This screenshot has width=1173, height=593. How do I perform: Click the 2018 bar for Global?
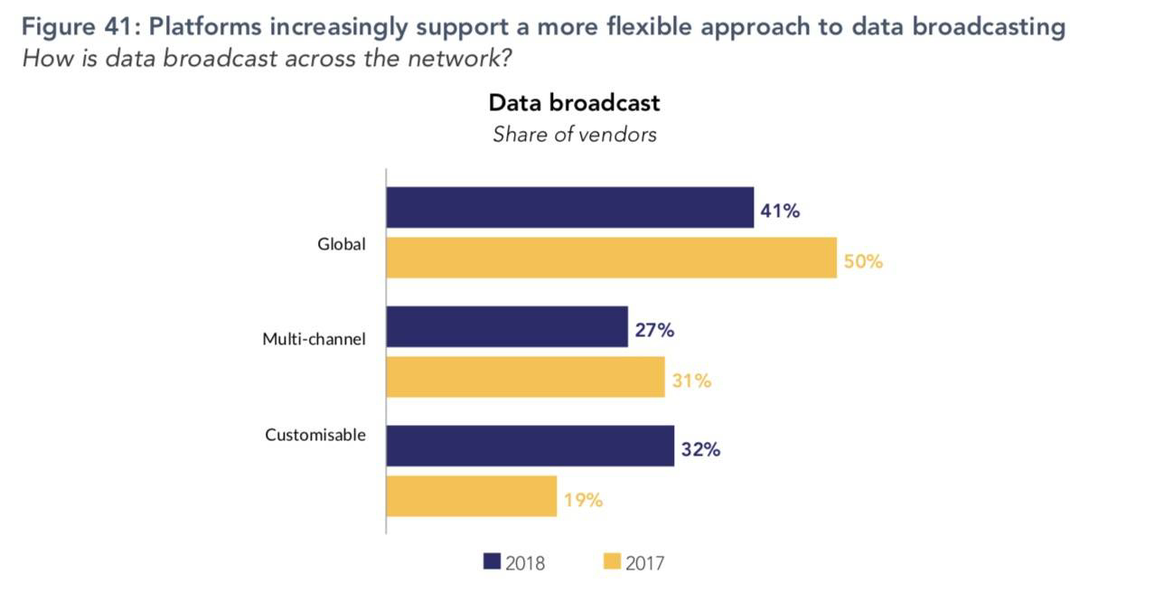[x=569, y=208]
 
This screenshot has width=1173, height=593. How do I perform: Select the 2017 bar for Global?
[x=611, y=258]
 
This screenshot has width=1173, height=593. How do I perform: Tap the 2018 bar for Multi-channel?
[x=507, y=326]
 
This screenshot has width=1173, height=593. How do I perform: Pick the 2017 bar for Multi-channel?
[x=525, y=377]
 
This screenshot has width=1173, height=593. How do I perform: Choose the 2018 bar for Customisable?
[x=530, y=446]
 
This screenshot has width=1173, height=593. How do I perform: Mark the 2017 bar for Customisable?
[x=471, y=496]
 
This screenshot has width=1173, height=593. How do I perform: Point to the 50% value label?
[x=864, y=262]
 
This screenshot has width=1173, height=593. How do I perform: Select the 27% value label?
[x=654, y=330]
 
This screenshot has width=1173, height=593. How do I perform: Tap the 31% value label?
[x=691, y=381]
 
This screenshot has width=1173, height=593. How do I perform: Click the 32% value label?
[x=700, y=449]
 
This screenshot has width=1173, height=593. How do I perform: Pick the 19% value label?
[x=583, y=500]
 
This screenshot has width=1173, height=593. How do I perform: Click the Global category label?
[x=341, y=243]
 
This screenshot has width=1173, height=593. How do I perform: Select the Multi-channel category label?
[x=314, y=339]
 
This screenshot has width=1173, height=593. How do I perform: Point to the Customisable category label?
[x=314, y=435]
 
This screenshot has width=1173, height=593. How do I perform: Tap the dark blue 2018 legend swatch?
[x=492, y=562]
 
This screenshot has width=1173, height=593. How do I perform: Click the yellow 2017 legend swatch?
[x=612, y=562]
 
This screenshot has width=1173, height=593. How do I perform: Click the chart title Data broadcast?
[x=574, y=103]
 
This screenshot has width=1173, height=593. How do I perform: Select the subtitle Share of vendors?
[x=574, y=135]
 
